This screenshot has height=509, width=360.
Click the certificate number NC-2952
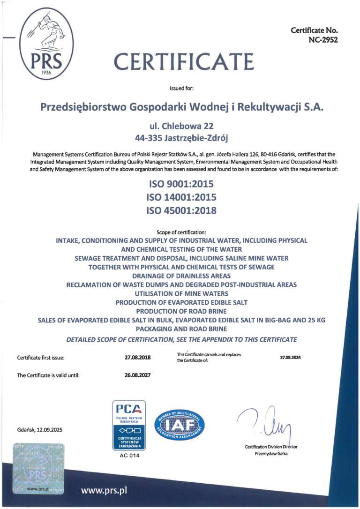coord(322,40)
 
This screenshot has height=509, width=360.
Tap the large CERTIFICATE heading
coord(184,61)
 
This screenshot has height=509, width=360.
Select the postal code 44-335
coord(149,138)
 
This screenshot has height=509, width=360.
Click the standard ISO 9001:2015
coord(182,184)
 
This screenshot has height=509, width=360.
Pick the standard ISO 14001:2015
coord(182,197)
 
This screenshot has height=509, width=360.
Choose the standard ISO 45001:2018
coord(182,210)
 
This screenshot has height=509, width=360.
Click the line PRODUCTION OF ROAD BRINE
coord(182,311)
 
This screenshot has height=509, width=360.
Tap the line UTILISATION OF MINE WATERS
coord(182,293)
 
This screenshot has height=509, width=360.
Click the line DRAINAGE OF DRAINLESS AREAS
coord(182,276)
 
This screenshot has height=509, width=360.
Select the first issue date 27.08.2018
coord(137,358)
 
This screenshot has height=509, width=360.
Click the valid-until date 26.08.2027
coord(137,375)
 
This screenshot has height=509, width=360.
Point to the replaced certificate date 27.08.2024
coord(290,358)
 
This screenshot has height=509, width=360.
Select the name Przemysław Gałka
coord(271,454)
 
